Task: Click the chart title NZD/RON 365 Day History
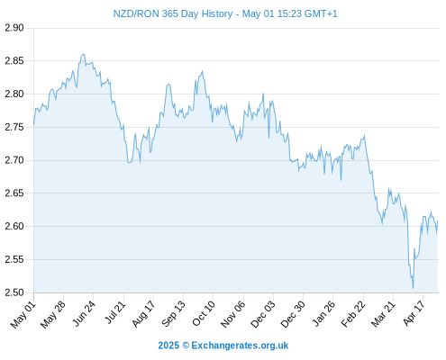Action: point(173,13)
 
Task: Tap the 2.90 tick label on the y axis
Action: point(14,28)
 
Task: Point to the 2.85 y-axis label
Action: point(14,61)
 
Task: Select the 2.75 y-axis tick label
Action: point(14,127)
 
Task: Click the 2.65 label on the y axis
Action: point(14,193)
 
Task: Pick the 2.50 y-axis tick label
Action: point(14,292)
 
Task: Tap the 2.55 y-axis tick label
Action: point(14,259)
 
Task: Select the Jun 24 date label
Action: point(84,314)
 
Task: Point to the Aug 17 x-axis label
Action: point(143,314)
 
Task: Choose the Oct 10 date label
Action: point(204,314)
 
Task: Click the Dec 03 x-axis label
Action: point(263,314)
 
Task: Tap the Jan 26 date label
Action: point(323,314)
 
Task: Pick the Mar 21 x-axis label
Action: point(383,314)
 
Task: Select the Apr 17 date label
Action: point(414,313)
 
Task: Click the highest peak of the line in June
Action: point(83,54)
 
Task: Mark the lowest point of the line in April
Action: point(414,288)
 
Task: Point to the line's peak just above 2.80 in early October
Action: point(202,71)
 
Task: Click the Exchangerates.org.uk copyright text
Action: point(223,346)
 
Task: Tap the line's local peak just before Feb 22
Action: point(364,135)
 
